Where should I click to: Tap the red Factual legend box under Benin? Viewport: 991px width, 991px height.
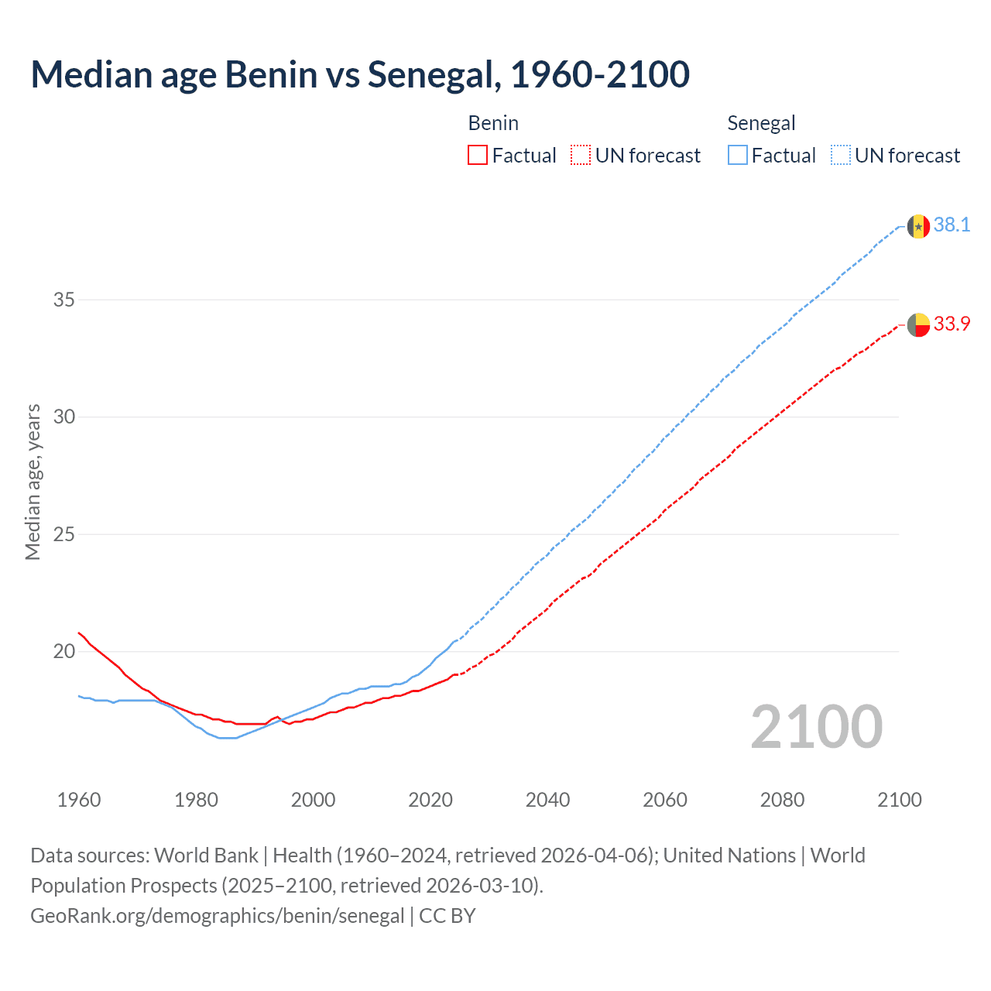pos(478,156)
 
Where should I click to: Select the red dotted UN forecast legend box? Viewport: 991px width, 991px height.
pos(581,156)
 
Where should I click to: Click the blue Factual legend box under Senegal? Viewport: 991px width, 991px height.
pos(738,156)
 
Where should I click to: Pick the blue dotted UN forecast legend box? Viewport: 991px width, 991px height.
pos(840,156)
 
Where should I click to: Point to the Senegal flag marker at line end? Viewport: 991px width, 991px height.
pos(918,226)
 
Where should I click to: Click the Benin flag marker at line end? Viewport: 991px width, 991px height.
pos(918,325)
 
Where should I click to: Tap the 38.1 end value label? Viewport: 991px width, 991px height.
pos(952,225)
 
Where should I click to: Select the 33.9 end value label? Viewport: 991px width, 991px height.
pos(952,324)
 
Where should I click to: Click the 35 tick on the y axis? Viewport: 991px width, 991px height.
pos(63,300)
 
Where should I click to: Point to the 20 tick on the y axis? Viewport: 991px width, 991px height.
pos(63,651)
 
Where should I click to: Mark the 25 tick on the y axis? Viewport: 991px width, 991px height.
pos(63,534)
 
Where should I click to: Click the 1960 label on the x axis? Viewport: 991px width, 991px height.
pos(79,800)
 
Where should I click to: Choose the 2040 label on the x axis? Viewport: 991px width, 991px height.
pos(547,800)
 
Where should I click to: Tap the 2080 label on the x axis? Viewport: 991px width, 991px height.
pos(782,800)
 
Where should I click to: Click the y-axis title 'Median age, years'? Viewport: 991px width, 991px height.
pos(33,482)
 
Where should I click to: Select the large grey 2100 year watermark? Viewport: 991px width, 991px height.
pos(816,726)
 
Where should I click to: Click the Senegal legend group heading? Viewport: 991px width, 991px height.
pos(761,123)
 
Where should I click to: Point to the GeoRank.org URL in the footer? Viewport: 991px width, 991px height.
pos(218,916)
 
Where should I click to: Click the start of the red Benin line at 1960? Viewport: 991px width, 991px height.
pos(79,633)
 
